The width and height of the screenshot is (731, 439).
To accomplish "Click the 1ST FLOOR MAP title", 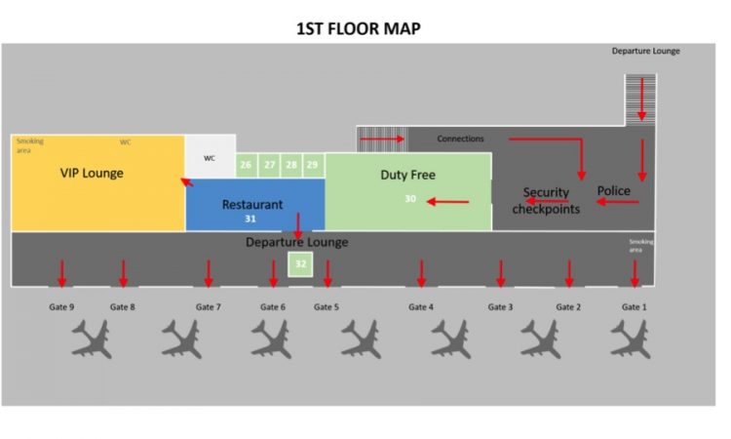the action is click(x=359, y=28).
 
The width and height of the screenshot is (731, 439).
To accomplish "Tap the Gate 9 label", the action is click(x=61, y=307).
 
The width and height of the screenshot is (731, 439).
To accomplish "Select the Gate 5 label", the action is click(x=327, y=307).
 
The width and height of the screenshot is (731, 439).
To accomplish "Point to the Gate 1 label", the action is click(x=635, y=307).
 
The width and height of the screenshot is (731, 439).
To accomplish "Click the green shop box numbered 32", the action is click(x=300, y=264).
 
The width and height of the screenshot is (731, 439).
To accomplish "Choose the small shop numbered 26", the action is click(x=247, y=165).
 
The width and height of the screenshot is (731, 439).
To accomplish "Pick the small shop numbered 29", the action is click(x=313, y=165).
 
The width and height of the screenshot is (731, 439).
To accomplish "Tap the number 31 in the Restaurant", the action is click(x=250, y=219).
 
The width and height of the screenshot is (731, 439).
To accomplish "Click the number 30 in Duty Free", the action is click(x=410, y=199).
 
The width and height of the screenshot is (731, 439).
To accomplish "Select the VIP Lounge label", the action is click(x=92, y=173).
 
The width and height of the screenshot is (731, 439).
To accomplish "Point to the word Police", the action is click(x=613, y=191).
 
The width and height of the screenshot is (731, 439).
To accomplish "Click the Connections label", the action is click(x=460, y=139).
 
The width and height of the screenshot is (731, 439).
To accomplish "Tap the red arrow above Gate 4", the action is click(x=421, y=273).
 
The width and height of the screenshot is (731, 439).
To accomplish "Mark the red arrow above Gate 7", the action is click(x=209, y=273).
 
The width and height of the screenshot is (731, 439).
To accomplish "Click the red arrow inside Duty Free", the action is click(x=447, y=202).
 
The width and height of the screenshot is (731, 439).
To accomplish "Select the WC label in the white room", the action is click(x=210, y=158).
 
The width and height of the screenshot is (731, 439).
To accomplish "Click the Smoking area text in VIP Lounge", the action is click(x=30, y=145).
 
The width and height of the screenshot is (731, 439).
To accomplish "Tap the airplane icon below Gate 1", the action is click(x=631, y=339).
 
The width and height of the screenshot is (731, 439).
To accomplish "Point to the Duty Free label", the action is click(x=408, y=175).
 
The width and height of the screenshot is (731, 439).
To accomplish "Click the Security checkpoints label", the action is click(x=546, y=201).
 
